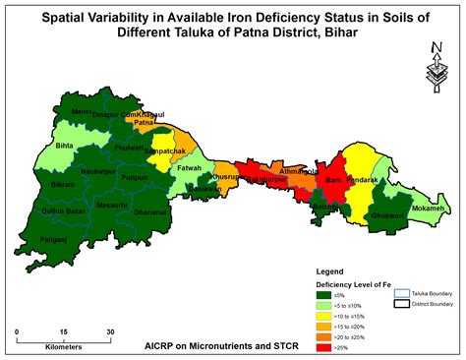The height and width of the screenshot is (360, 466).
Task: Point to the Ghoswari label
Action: (x=389, y=214)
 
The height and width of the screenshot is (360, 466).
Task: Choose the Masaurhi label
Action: (x=112, y=205)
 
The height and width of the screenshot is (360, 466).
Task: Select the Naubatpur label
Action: (x=98, y=171)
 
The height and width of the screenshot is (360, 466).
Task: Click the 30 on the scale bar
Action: (x=110, y=331)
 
